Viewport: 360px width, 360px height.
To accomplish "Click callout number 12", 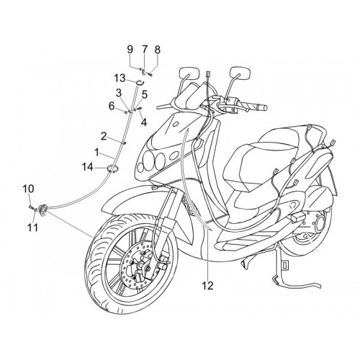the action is click(x=208, y=286).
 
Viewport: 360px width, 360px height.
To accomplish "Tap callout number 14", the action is click(x=88, y=167).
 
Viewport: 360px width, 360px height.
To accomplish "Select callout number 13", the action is click(x=120, y=78).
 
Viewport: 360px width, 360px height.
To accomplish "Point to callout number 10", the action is click(x=29, y=189).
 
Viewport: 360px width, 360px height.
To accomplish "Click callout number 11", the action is click(x=32, y=228).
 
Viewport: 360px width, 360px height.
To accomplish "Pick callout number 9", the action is click(x=130, y=50).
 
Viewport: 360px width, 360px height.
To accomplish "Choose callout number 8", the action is click(x=157, y=50).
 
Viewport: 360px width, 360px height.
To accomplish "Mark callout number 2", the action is click(x=104, y=137).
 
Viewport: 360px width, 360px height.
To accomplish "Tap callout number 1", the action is click(x=96, y=153).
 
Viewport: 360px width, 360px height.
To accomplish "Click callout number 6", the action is click(x=112, y=106).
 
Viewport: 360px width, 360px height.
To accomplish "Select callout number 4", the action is click(x=144, y=122).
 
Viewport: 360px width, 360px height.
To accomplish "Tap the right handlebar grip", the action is click(x=258, y=107).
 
